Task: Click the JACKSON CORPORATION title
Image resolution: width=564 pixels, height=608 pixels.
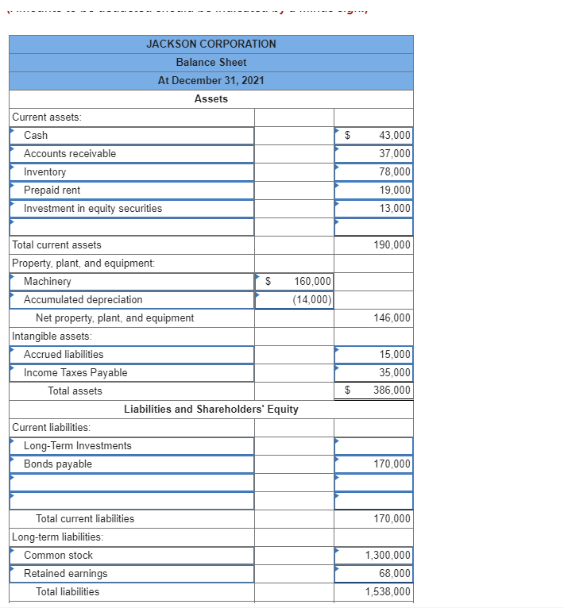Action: tap(211, 44)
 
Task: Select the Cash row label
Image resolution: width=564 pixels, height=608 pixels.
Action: tap(36, 136)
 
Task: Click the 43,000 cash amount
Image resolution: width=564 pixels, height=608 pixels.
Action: tap(395, 136)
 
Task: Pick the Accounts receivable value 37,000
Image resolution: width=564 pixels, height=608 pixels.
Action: tap(395, 154)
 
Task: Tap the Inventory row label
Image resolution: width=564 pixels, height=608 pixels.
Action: tap(45, 172)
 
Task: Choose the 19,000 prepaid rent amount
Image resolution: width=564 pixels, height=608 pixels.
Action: tap(395, 190)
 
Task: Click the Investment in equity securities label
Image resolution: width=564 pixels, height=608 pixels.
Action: tap(93, 209)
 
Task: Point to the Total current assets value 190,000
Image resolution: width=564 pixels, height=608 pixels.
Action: tap(392, 245)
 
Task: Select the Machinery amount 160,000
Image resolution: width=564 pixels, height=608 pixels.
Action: tap(312, 282)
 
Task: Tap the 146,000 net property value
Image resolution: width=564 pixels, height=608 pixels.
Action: tap(392, 318)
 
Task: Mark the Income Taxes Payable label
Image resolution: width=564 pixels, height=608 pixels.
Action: tap(75, 373)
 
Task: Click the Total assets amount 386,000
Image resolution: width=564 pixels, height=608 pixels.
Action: tap(392, 391)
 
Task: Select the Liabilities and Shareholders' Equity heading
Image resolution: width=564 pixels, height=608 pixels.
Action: tap(211, 410)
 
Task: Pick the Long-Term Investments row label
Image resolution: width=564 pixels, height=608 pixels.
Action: tap(78, 446)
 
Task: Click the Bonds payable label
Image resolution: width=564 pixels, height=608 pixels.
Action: tap(58, 464)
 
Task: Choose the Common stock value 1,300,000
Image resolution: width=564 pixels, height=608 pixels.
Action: tap(388, 556)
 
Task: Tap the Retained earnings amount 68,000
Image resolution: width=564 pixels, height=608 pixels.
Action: tap(395, 574)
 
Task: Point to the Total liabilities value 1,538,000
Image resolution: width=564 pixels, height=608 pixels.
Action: tap(388, 592)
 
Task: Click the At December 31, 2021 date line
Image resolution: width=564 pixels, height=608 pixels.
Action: tap(211, 80)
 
